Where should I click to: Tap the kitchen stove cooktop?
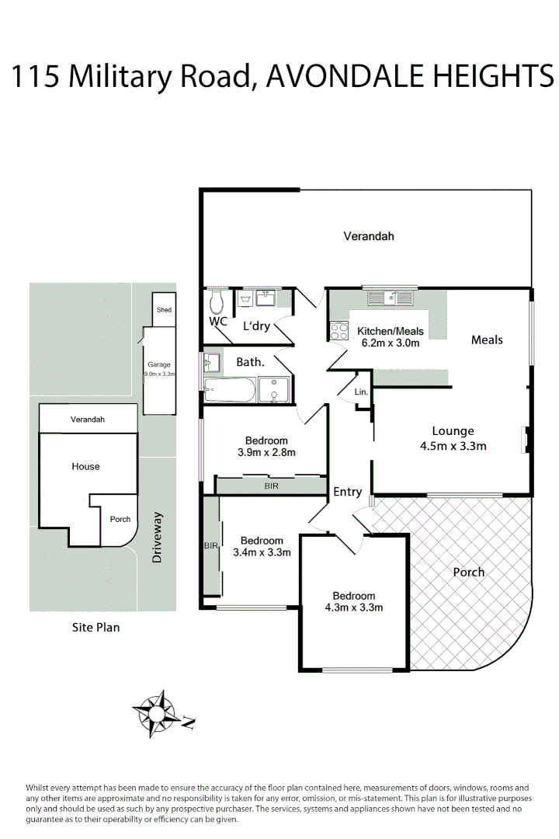point(339,332)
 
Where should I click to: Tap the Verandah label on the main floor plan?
point(369,235)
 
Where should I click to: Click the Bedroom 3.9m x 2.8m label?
point(266,446)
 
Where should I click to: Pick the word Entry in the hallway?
point(347,492)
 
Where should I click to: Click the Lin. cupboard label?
point(361,393)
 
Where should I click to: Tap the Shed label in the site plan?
point(164,310)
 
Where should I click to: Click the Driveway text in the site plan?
point(158,537)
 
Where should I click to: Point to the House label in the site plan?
point(85,466)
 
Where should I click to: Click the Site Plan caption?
point(95,627)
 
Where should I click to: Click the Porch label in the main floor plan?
point(468,572)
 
